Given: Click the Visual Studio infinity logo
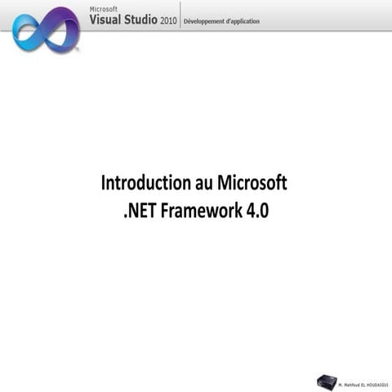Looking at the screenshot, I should tap(46, 29).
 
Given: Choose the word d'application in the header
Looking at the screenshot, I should tap(243, 20).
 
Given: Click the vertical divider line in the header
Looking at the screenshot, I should tap(179, 15).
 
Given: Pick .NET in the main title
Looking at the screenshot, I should tap(140, 210).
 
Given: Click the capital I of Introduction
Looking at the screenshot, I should tap(104, 182).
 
